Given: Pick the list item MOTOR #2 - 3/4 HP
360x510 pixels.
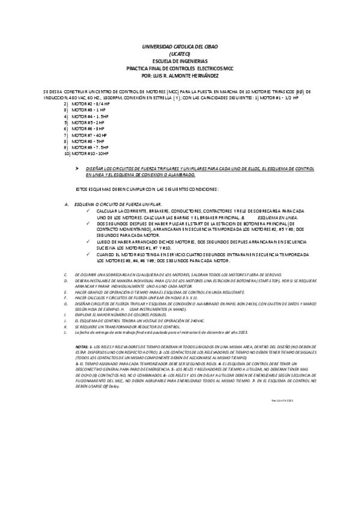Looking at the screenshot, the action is (91, 104).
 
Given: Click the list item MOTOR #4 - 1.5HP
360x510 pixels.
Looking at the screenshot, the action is (90, 117).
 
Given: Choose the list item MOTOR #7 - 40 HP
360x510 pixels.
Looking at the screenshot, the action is (90, 135).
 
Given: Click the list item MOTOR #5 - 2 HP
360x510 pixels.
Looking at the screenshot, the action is (88, 123).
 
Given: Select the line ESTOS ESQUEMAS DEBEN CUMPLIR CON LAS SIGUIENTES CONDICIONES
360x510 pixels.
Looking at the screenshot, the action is (147, 189).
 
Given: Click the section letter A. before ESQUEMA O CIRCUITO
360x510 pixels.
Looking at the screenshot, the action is (66, 205).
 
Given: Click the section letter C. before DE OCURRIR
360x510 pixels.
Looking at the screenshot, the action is (65, 274).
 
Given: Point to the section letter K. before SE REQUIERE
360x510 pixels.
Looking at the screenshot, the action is (65, 325).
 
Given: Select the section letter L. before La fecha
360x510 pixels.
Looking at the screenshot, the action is (65, 332).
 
